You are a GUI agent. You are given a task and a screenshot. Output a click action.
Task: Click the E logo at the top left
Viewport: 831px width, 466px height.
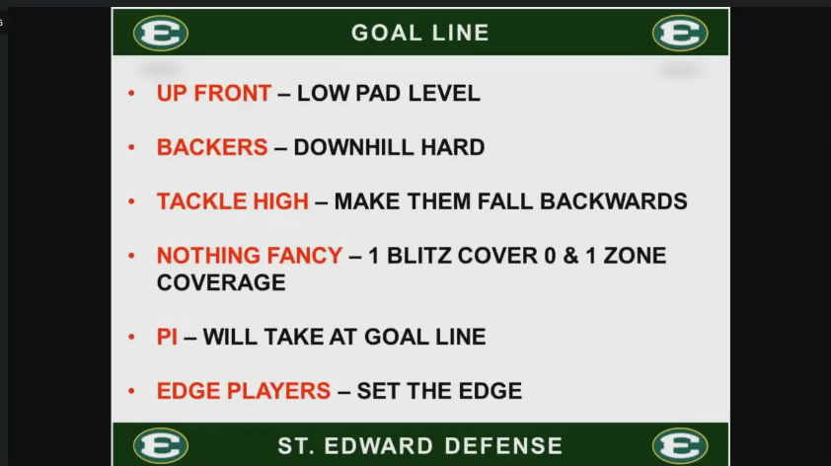click(x=161, y=33)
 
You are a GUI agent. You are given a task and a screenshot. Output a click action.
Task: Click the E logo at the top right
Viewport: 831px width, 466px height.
click(x=680, y=33)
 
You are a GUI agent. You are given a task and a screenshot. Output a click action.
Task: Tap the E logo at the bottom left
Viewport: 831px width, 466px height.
click(x=161, y=445)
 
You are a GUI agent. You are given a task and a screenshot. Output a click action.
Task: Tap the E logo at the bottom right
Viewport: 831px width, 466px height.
click(x=680, y=445)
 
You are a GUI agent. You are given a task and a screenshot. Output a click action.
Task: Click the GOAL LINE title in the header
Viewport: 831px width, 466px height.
click(x=420, y=33)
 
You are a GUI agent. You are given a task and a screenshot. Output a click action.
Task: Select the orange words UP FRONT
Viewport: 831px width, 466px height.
click(x=214, y=94)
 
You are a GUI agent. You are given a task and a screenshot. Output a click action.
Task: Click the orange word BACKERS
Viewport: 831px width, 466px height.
click(x=212, y=147)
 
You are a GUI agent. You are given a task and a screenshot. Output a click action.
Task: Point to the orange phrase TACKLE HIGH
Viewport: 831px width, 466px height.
click(x=233, y=201)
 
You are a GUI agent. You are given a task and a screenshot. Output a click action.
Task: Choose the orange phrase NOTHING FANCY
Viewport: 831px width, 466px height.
click(x=250, y=256)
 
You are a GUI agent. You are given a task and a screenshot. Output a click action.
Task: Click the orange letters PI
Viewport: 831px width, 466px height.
click(x=167, y=337)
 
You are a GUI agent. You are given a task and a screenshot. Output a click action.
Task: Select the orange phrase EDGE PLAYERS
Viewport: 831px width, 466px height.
click(x=244, y=391)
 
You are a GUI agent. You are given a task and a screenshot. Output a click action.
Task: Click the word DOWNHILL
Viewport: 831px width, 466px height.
click(x=353, y=147)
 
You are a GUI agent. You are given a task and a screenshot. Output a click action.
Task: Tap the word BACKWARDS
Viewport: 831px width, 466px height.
click(x=613, y=201)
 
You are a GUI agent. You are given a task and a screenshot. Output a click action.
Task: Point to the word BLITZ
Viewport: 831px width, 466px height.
click(x=418, y=256)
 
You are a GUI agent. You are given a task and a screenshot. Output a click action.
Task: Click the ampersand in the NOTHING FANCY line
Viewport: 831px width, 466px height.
click(x=570, y=256)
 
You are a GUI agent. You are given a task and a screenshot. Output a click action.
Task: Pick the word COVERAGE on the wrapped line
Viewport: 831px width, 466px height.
click(x=221, y=282)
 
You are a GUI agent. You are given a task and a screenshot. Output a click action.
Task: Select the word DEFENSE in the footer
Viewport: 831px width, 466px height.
click(x=503, y=446)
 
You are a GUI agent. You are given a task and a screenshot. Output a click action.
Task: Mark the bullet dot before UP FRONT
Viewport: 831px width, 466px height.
click(x=131, y=94)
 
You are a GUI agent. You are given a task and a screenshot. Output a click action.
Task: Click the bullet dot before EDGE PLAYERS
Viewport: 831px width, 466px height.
click(x=131, y=391)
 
